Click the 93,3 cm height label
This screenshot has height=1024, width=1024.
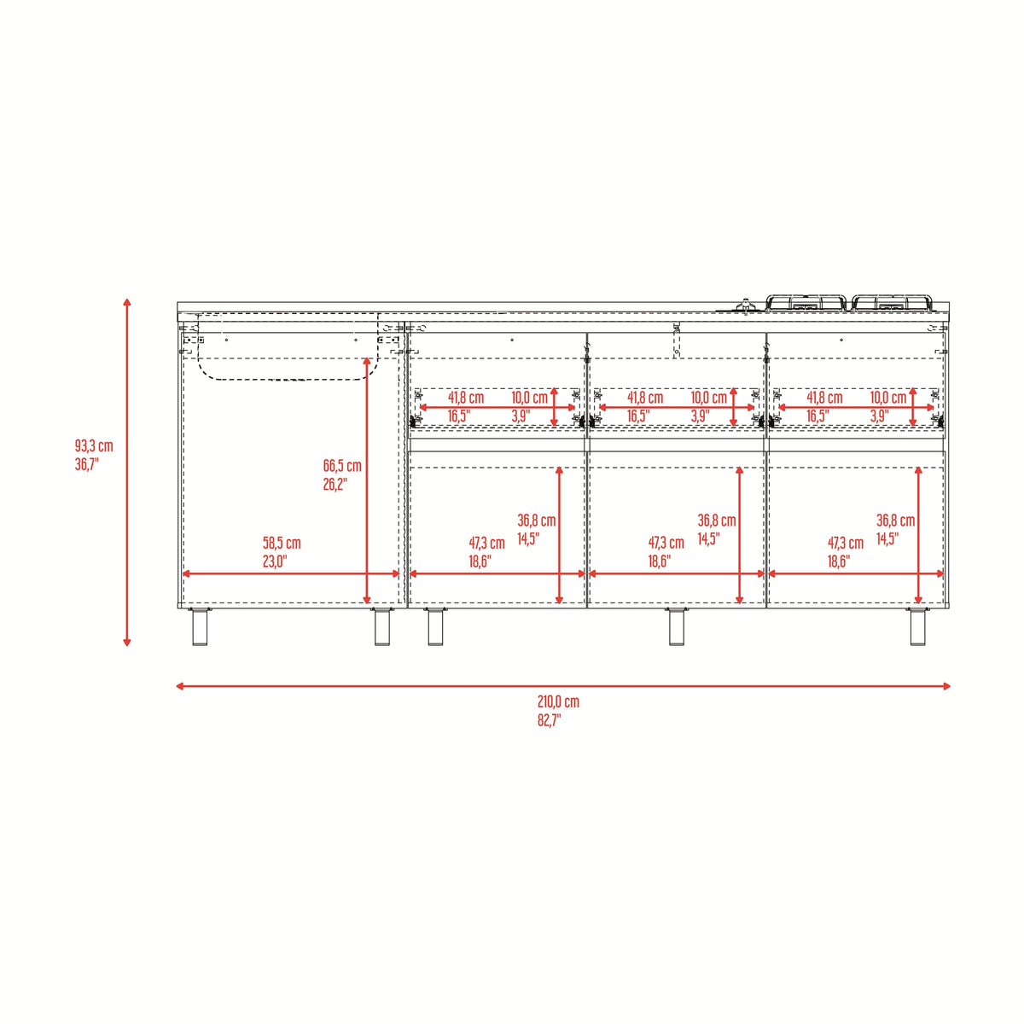94,445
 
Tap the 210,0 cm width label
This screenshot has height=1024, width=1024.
558,701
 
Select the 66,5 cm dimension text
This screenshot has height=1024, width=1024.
342,466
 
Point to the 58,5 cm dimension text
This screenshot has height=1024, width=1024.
282,543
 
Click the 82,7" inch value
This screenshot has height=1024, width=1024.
549,720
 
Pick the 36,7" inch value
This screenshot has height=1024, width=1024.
87,464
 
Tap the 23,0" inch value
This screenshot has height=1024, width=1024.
275,561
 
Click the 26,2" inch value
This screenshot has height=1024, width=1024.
335,484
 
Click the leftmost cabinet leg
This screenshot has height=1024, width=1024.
200,626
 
